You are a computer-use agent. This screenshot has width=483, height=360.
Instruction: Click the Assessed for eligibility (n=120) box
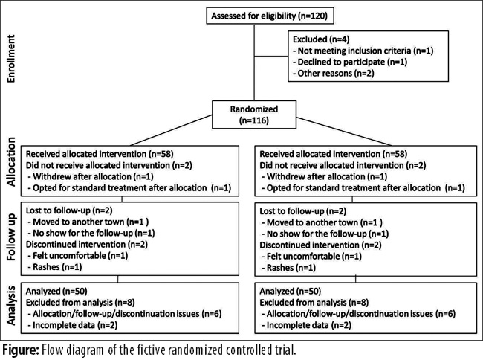270,16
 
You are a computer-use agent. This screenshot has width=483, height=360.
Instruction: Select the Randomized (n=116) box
254,115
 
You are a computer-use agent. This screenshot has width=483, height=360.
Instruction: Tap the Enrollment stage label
11,59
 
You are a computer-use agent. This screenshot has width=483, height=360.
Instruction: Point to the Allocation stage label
11,162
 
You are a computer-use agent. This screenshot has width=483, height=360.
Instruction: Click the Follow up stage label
11,237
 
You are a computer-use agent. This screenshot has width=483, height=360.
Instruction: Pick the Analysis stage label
11,306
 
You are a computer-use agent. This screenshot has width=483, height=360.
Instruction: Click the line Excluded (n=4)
321,39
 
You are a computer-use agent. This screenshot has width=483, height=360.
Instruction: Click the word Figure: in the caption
21,350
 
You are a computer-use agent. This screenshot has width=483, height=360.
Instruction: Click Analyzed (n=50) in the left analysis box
56,292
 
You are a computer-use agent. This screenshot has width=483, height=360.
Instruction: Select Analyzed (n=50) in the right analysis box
290,292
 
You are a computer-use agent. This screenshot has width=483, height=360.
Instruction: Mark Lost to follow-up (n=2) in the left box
69,210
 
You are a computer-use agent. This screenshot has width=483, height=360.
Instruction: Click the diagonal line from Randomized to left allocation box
171,130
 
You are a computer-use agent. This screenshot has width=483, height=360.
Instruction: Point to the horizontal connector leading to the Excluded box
271,56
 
